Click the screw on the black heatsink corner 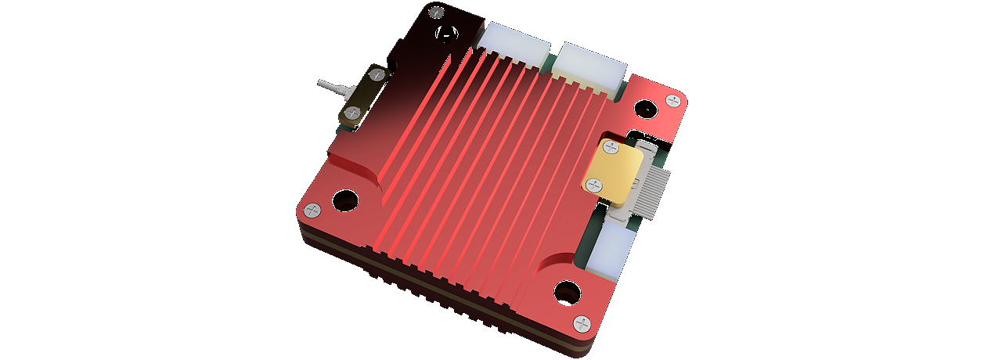point(437,13)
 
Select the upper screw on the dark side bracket point(377,75)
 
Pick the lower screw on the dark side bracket point(353,113)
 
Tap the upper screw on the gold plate point(611,147)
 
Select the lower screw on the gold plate point(593,185)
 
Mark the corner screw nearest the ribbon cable point(673,100)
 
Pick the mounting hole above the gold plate point(645,110)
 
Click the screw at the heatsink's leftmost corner point(312,210)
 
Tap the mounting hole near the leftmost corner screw point(345,200)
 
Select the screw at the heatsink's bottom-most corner point(582,323)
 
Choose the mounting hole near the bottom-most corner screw point(568,293)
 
